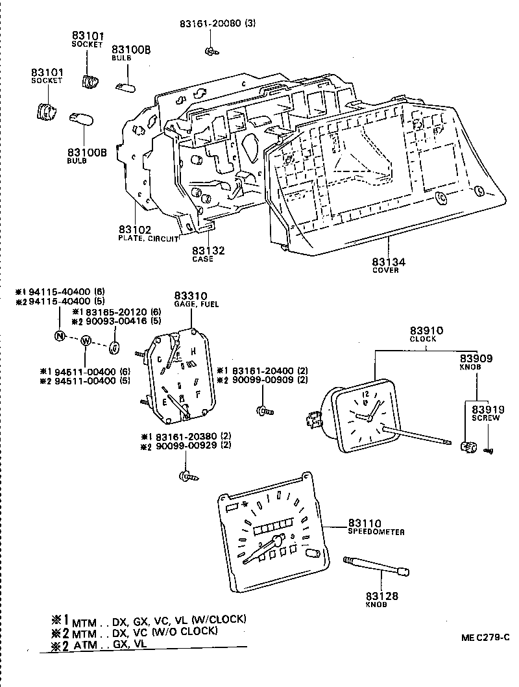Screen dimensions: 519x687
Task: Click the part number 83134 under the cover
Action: (388, 262)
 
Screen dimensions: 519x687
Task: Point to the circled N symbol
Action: (60, 336)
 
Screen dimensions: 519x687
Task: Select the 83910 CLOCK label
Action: (426, 334)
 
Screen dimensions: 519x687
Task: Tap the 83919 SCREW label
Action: (485, 414)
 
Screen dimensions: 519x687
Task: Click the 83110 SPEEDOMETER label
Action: (375, 527)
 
